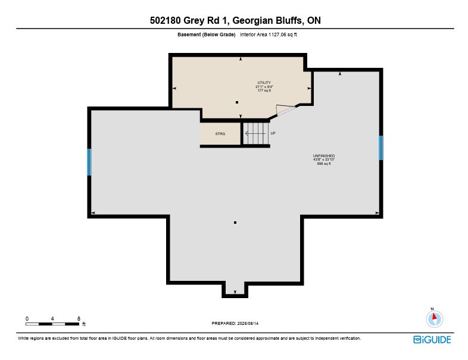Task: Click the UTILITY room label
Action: click(264, 83)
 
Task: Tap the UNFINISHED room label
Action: click(324, 156)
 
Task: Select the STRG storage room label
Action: click(220, 134)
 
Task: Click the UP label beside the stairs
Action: click(273, 133)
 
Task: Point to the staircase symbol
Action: click(254, 133)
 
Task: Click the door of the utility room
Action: click(286, 109)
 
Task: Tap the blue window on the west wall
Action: click(89, 162)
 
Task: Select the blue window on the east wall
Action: click(381, 148)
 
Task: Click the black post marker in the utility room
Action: click(237, 102)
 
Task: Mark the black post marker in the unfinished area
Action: click(235, 223)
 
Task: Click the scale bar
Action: click(52, 324)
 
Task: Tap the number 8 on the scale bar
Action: click(79, 318)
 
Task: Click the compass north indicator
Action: click(435, 318)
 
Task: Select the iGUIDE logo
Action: click(432, 340)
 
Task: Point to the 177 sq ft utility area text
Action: click(264, 90)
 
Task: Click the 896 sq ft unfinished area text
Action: click(324, 164)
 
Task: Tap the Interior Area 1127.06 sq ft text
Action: click(269, 35)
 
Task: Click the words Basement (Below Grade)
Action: click(207, 35)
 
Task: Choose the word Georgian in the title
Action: click(252, 21)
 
